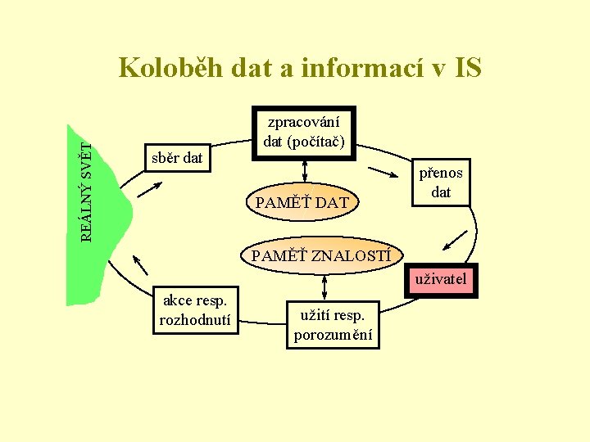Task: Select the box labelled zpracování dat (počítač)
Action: coord(305,132)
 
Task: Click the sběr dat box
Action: coord(177,157)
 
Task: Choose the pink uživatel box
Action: coord(440,280)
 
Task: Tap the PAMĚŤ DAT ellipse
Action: coord(302,202)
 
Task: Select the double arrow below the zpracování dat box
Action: coord(305,170)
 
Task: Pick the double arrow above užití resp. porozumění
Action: coord(325,286)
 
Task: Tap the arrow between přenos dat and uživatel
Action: coord(454,238)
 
